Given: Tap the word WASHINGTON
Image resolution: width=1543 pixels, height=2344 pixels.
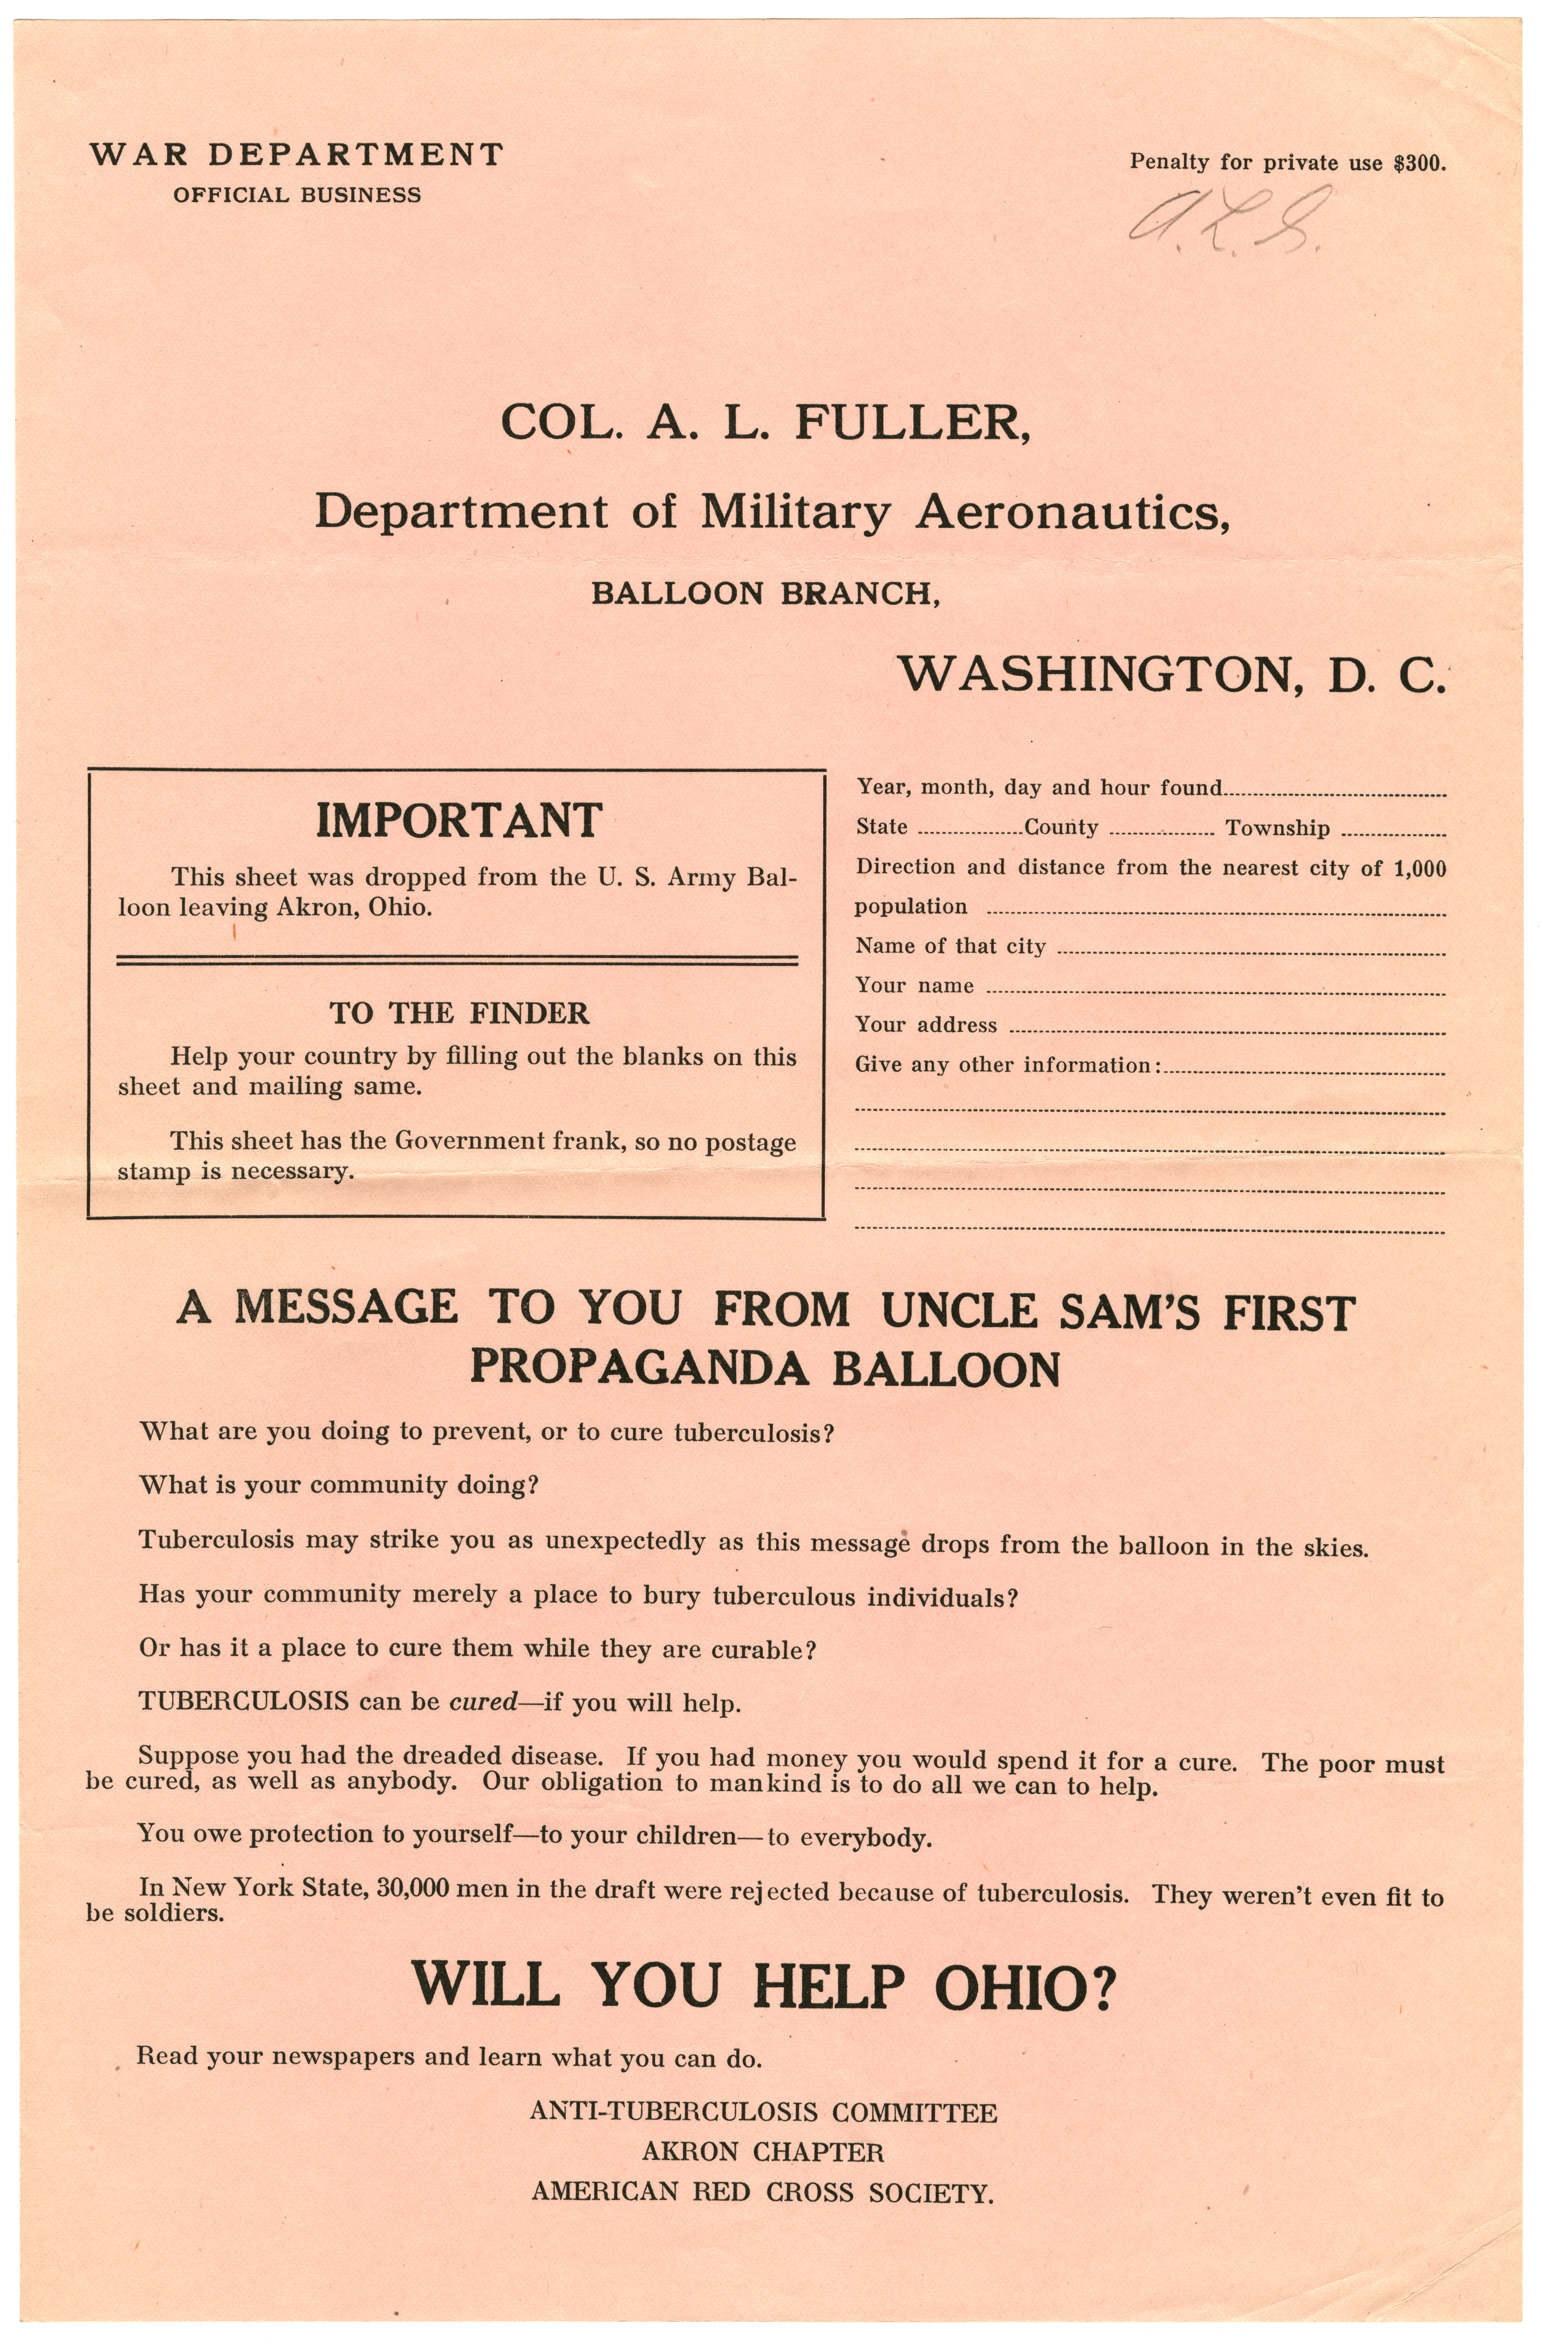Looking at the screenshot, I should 1094,675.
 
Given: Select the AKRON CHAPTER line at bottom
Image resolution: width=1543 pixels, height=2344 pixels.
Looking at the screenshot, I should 763,2153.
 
